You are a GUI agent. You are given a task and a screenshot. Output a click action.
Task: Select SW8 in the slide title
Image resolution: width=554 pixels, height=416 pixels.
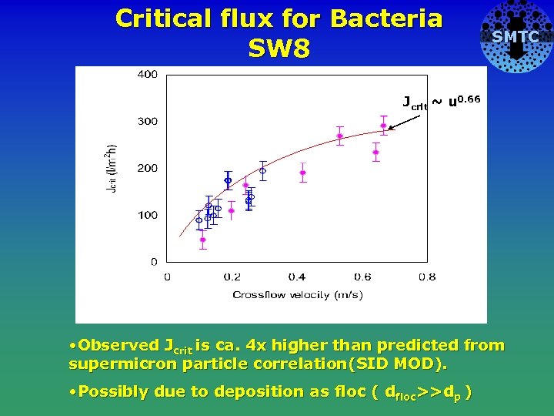(x=279, y=49)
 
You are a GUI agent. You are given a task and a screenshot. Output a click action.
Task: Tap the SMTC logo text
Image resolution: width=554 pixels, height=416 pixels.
(x=516, y=37)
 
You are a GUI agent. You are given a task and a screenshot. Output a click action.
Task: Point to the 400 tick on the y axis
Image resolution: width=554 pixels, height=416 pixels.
(x=147, y=75)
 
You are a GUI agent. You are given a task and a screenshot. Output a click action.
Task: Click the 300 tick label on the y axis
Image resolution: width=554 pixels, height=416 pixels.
(x=147, y=122)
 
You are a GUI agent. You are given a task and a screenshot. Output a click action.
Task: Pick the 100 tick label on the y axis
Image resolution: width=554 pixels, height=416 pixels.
(x=147, y=215)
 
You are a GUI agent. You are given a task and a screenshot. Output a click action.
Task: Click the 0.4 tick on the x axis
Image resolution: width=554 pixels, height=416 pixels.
(x=296, y=277)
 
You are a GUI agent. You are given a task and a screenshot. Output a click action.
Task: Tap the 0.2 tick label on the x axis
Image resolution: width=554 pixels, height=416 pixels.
(x=232, y=277)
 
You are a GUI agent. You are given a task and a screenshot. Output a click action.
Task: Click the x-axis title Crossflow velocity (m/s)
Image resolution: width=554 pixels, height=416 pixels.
(x=298, y=295)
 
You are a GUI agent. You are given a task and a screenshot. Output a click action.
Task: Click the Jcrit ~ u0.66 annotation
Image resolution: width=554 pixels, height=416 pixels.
(x=442, y=102)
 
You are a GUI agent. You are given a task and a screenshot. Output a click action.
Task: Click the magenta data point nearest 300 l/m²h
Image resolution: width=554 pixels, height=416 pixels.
(x=383, y=126)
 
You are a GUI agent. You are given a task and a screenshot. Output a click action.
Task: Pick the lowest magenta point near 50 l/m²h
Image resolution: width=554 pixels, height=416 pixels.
(x=202, y=240)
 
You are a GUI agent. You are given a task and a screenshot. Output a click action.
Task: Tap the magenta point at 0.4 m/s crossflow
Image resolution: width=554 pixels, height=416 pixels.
(x=302, y=173)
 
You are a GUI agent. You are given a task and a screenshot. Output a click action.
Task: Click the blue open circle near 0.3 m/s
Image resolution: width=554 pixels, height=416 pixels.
(x=262, y=171)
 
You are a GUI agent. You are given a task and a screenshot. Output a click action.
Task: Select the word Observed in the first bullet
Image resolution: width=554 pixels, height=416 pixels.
(x=119, y=346)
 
